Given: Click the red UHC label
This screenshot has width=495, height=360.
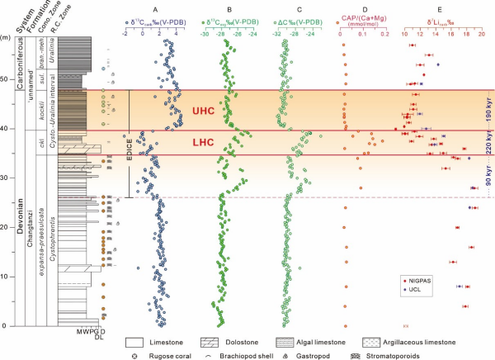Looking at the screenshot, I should (x=204, y=110).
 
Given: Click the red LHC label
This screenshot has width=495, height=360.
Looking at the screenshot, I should (x=203, y=143).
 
